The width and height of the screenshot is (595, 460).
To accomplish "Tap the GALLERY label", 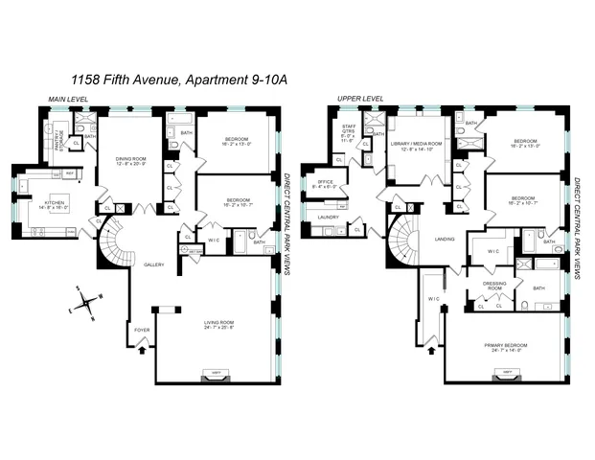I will (153, 264).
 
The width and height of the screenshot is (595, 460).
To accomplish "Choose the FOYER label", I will (141, 330).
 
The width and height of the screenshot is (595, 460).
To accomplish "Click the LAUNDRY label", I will (326, 218).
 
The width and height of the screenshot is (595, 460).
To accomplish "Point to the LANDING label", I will (444, 240).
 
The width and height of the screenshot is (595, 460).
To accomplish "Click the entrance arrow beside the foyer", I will (143, 350).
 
